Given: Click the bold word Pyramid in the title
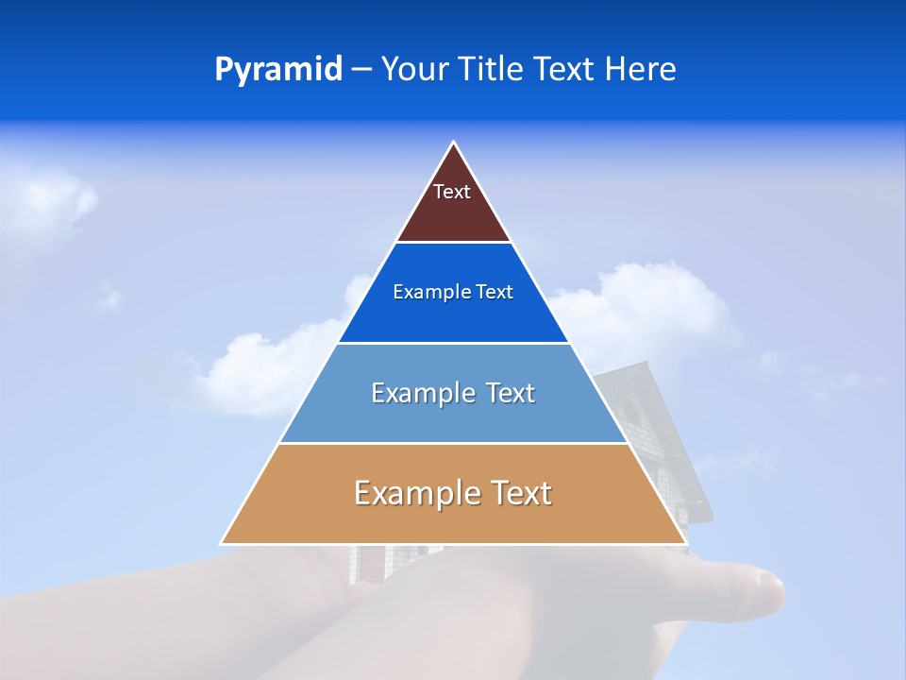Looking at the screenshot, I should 277,70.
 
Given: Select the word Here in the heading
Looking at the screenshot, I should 640,70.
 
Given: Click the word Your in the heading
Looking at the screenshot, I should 415,70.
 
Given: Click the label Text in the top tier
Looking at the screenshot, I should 452,192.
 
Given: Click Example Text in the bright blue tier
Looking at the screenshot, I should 453,293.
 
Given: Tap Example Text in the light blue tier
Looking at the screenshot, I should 453,393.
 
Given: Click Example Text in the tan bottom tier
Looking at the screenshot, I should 453,493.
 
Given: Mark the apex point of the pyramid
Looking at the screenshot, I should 453,143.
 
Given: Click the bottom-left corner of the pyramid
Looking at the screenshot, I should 223,543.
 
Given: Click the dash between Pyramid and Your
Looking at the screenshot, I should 361,70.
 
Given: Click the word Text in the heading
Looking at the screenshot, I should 564,70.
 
